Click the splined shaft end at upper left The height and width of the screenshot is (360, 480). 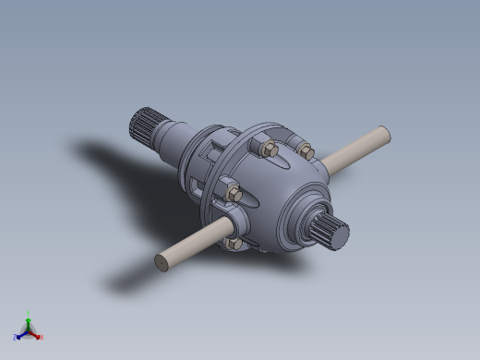click(146, 121)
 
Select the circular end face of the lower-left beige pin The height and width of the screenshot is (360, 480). click(161, 263)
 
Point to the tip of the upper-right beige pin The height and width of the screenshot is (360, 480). click(388, 135)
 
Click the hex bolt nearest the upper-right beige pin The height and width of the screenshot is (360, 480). click(306, 151)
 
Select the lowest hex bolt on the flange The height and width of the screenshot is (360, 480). click(233, 244)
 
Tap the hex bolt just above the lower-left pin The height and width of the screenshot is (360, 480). click(233, 195)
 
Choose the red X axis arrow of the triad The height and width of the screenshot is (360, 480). click(35, 334)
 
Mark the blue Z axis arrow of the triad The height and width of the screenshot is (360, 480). click(21, 335)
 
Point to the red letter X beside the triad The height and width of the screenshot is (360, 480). click(41, 337)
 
